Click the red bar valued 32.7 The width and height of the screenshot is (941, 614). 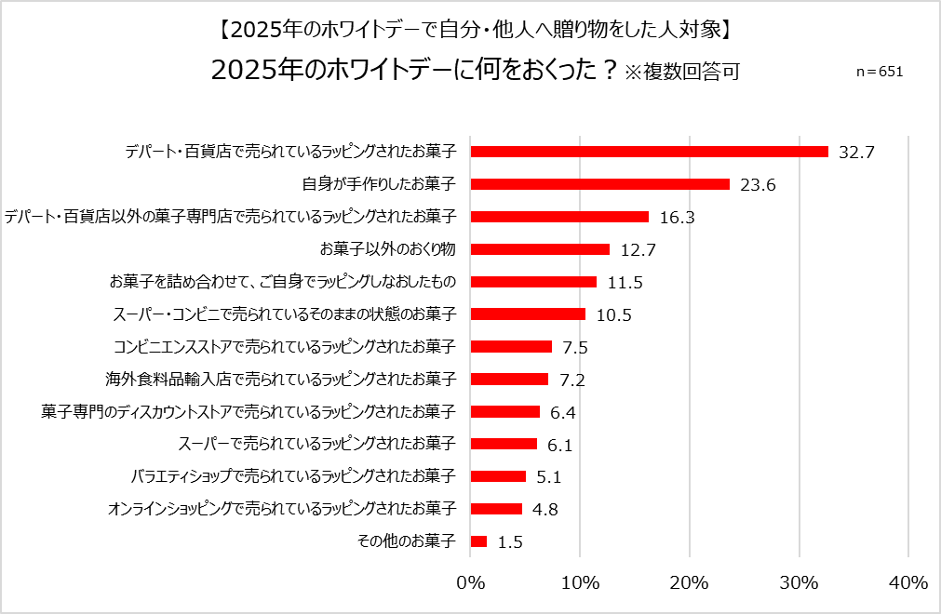click(x=649, y=152)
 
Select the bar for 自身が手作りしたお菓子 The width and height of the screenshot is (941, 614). click(x=599, y=184)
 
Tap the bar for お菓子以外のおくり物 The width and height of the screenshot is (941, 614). click(x=540, y=249)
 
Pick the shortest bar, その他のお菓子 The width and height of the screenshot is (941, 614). click(x=478, y=541)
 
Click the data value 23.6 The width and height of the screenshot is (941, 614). click(x=758, y=184)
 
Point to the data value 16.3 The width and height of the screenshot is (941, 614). click(x=677, y=217)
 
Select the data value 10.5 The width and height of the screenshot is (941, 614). click(x=613, y=314)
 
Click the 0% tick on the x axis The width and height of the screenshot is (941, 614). click(x=471, y=582)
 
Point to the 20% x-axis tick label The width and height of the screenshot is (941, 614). click(x=690, y=582)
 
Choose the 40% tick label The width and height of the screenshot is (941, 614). click(x=907, y=582)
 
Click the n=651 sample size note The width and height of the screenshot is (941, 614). click(x=879, y=72)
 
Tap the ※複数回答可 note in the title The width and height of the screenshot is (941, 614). click(x=682, y=72)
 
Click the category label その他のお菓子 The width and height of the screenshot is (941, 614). click(x=407, y=541)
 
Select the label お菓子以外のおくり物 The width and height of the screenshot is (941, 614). click(x=387, y=249)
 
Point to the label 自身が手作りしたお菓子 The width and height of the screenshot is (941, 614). click(x=379, y=184)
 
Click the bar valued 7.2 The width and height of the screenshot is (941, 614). click(x=509, y=379)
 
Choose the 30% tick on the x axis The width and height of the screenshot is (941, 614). click(x=799, y=582)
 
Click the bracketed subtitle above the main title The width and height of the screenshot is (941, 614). click(x=470, y=29)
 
